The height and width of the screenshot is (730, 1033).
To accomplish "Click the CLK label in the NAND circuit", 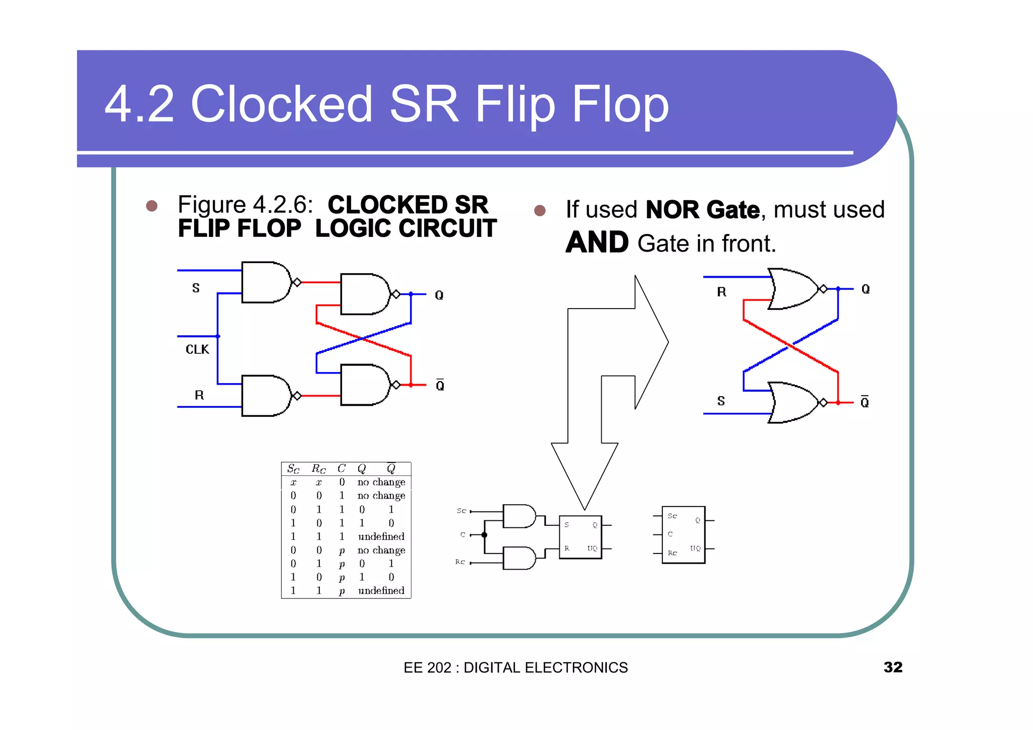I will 197,349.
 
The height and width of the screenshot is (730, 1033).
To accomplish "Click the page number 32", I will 892,667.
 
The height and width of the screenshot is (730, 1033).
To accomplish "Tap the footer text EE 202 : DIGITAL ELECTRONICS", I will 515,667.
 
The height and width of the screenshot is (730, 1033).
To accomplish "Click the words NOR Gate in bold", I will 702,210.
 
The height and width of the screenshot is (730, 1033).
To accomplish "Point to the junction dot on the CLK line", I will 218,336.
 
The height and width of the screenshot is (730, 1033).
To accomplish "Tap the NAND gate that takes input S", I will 265,282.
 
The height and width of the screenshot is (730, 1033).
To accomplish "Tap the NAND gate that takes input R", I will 265,396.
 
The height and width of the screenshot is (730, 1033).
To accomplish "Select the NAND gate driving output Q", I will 364,294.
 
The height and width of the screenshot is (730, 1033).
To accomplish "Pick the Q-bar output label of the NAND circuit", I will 440,385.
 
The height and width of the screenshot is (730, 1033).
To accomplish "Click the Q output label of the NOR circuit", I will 866,289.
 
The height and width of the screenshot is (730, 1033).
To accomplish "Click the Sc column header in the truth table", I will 293,469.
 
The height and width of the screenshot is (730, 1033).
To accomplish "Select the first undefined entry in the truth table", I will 381,536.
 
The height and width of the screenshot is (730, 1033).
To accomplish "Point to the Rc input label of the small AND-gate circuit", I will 460,562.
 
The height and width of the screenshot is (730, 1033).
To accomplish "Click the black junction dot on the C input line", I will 484,535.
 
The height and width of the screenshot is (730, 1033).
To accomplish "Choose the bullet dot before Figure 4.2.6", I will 151,206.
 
